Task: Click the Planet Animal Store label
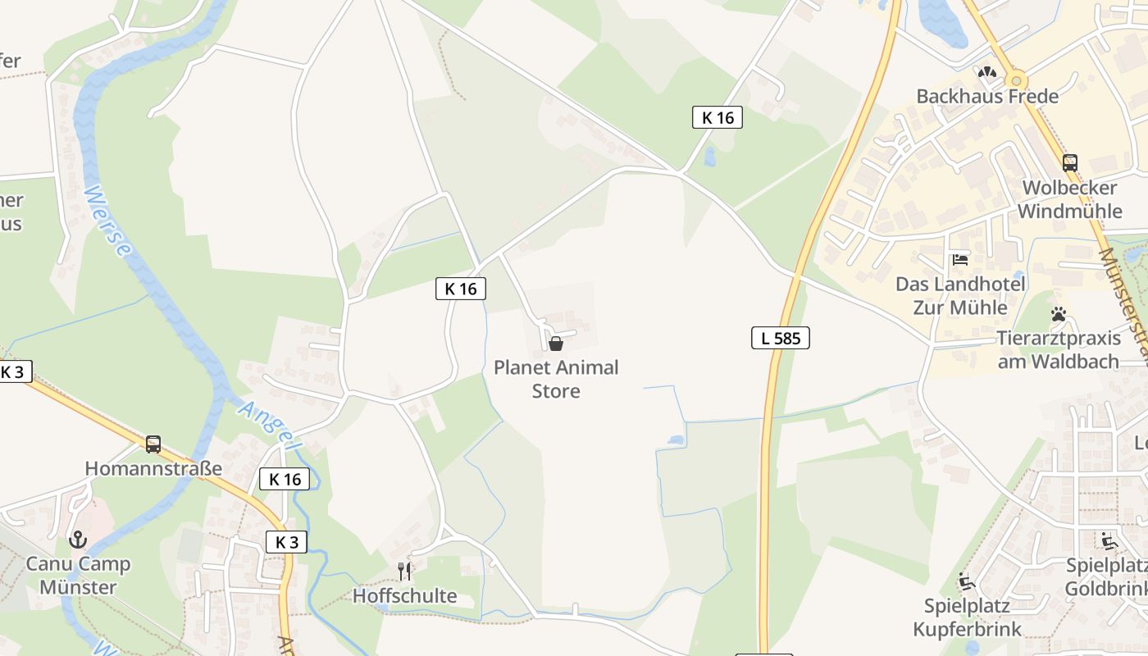click(556, 379)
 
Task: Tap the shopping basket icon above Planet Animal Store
click(556, 344)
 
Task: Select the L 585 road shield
click(780, 337)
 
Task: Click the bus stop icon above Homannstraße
click(153, 444)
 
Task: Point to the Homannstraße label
click(153, 469)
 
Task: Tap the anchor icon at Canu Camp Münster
click(78, 540)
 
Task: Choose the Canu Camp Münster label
click(78, 576)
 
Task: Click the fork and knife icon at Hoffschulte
click(404, 571)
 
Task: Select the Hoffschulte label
click(404, 595)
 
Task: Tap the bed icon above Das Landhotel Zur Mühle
click(960, 260)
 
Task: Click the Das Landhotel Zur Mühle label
click(960, 296)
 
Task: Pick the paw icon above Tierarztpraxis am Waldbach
click(1058, 314)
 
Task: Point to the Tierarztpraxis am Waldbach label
click(1058, 350)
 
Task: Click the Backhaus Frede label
click(987, 96)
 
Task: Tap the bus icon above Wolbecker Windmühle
click(1069, 162)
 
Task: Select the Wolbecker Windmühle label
click(1069, 199)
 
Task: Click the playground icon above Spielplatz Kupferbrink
click(967, 582)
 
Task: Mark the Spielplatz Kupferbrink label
click(967, 618)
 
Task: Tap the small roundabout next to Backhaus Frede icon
click(1018, 80)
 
